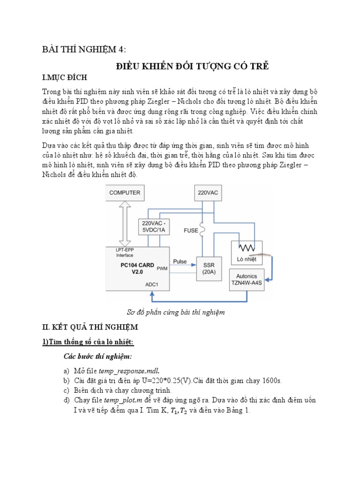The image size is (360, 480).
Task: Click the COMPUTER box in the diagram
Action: pos(125,193)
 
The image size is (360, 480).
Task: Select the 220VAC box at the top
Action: pos(207,193)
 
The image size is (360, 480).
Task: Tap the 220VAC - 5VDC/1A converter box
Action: pos(154,226)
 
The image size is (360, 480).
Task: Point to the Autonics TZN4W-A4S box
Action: pos(247,279)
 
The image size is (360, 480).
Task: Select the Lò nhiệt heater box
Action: pos(247,253)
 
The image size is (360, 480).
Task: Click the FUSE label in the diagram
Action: pos(191,230)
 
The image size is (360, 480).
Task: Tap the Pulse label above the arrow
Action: pos(180,262)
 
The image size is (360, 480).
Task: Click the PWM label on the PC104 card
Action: pos(162,269)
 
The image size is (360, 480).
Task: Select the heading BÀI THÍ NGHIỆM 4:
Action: pos(84,50)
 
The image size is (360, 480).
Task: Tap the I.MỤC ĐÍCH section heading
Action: pos(65,77)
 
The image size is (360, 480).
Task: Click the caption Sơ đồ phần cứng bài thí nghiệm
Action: pos(176,312)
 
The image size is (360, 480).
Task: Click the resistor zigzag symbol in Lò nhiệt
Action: pos(247,247)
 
